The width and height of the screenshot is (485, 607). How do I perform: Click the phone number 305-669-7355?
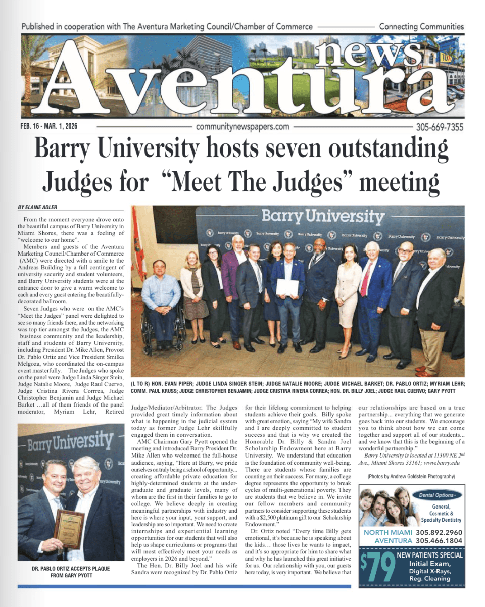[439, 127]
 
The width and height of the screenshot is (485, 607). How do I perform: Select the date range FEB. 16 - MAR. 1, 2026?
[49, 127]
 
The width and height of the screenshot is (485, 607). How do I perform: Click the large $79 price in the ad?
[377, 568]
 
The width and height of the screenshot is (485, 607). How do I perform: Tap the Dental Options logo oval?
[440, 495]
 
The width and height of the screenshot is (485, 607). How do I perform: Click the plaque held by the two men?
[69, 528]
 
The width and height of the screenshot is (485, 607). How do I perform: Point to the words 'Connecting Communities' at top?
[421, 26]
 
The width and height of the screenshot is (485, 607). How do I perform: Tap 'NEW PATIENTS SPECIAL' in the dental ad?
[429, 555]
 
